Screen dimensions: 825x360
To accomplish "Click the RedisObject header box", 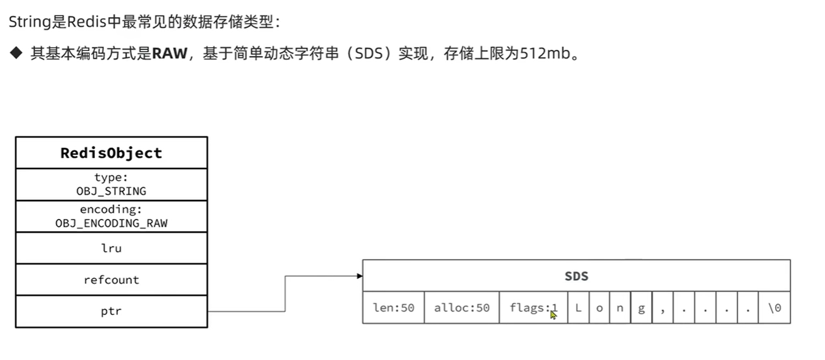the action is pos(111,153).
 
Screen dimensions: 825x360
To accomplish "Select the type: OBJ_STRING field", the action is pos(111,184).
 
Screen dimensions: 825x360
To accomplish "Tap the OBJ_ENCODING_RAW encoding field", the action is pos(111,216).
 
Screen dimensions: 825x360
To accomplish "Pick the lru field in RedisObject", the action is pos(111,248).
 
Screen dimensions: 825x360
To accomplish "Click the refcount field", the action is pos(111,280).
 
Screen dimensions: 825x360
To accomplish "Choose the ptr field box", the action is pos(111,311).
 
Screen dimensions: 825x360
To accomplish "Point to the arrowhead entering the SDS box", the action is pos(360,276).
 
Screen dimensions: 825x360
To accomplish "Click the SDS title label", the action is pos(576,276).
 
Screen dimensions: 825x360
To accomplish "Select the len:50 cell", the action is pos(393,308).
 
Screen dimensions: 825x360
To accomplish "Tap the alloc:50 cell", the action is pos(461,308).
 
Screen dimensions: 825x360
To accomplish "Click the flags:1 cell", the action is pos(533,308).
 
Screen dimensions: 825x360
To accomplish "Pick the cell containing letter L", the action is pos(578,308).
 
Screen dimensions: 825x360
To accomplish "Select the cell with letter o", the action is pos(599,308).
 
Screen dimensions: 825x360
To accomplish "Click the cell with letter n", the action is pos(620,308).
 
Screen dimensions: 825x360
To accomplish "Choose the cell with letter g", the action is pos(641,308).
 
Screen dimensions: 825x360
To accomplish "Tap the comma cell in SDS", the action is pos(663,308).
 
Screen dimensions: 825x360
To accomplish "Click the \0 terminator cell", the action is pos(774,308).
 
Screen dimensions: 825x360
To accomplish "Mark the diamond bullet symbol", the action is pos(15,54).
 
